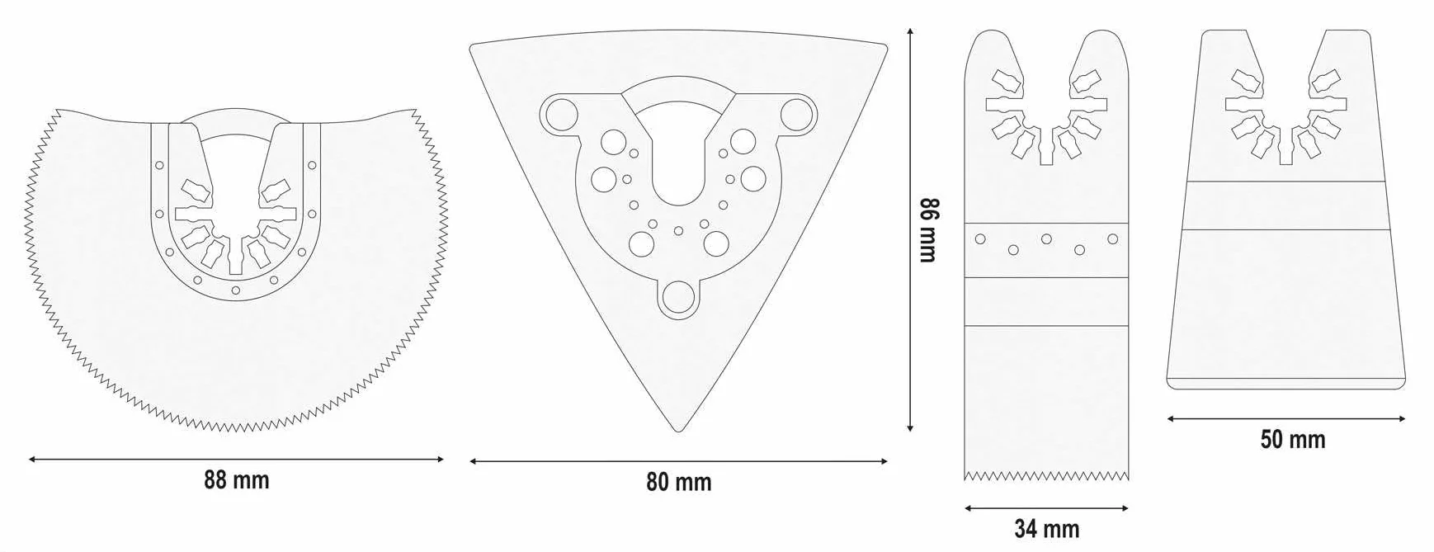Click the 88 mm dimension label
point(237,480)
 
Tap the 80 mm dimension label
point(678,482)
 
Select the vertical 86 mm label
point(929,229)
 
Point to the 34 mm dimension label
point(1046,529)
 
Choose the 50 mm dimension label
point(1292,440)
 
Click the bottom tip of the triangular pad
point(678,431)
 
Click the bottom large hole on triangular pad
point(677,298)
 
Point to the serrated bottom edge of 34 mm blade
point(1046,475)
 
